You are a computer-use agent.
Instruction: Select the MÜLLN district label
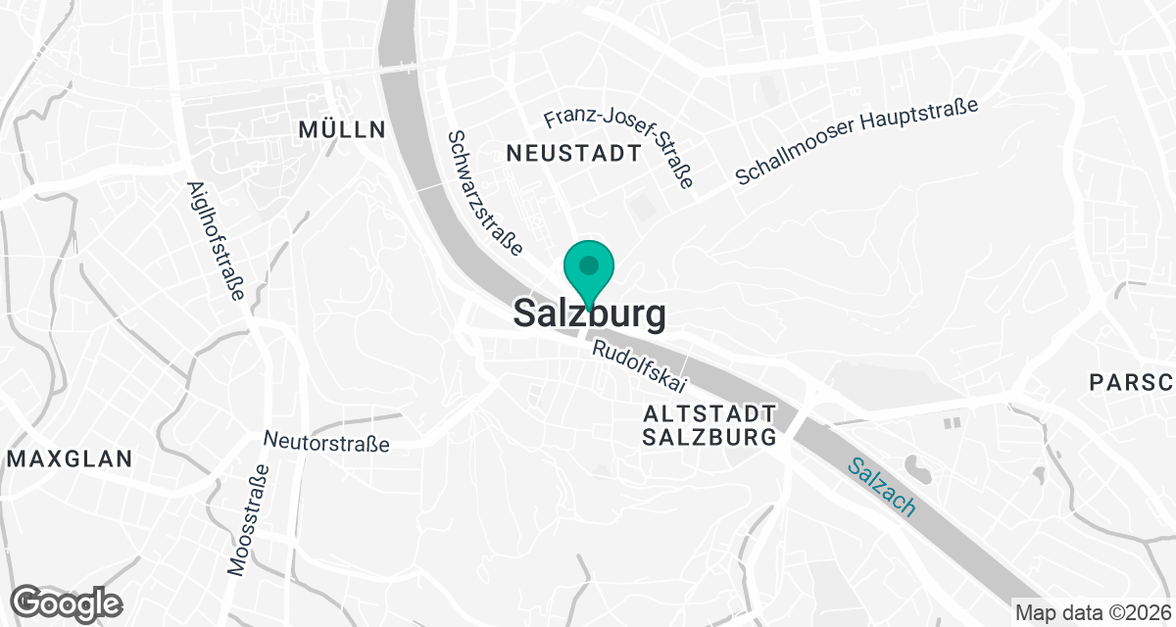(x=341, y=129)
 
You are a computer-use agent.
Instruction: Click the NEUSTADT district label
(x=574, y=153)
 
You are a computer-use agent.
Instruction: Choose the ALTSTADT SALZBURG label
(x=710, y=425)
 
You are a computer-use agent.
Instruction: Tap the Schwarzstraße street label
(x=483, y=194)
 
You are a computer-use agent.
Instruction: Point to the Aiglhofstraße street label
(x=214, y=240)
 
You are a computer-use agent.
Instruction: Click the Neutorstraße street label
(x=327, y=444)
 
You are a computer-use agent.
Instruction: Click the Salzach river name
(x=882, y=488)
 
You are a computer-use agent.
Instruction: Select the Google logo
(x=67, y=603)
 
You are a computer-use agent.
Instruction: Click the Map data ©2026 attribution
(x=1092, y=613)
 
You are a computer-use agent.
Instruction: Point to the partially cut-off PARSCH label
(x=1132, y=382)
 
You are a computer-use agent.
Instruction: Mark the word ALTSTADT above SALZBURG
(x=710, y=413)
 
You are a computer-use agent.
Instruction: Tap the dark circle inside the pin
(x=588, y=265)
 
